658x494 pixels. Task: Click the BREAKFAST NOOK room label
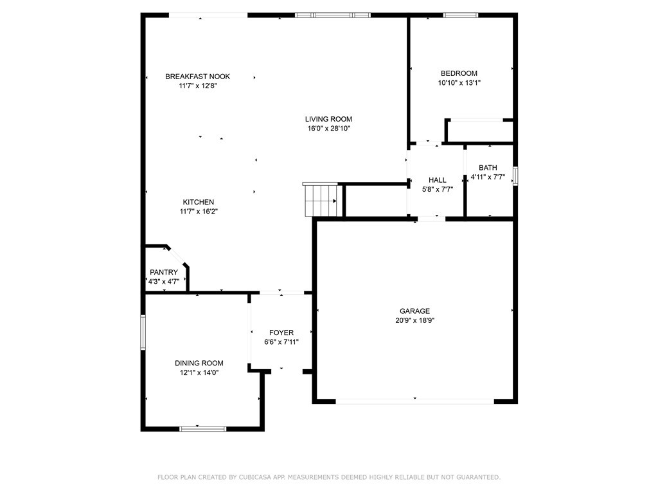(x=197, y=77)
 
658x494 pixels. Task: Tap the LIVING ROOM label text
(x=328, y=119)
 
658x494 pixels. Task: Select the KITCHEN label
(x=199, y=202)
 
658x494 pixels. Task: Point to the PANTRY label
(x=164, y=272)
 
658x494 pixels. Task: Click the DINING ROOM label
(x=199, y=363)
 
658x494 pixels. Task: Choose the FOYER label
(x=281, y=333)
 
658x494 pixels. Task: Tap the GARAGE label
(x=414, y=311)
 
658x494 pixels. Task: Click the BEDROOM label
(x=459, y=73)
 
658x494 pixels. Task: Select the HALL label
(x=437, y=180)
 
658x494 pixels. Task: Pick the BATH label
(x=488, y=168)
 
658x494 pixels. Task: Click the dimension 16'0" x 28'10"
(x=328, y=129)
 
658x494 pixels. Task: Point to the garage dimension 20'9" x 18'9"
(x=414, y=320)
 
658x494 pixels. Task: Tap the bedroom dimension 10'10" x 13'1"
(x=459, y=83)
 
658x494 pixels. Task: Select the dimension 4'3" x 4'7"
(x=164, y=282)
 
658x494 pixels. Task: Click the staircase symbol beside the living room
(x=321, y=199)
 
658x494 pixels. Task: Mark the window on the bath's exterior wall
(x=516, y=176)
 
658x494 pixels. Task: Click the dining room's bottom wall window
(x=202, y=429)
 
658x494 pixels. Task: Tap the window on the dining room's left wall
(x=143, y=333)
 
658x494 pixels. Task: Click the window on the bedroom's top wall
(x=461, y=15)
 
